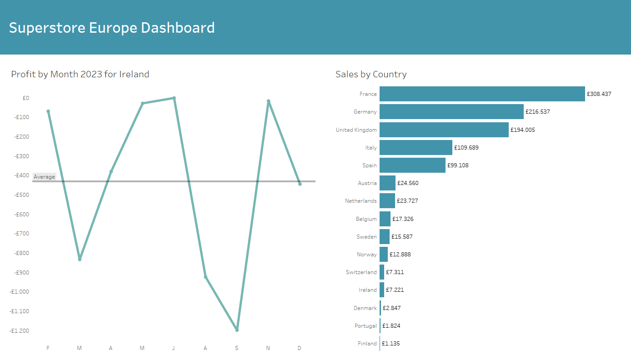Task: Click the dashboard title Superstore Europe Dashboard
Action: pos(112,28)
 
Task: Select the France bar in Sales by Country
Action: pos(482,94)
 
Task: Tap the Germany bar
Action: pos(451,112)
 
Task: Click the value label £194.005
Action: pos(522,130)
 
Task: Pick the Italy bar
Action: pos(416,148)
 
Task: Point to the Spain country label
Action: pos(370,165)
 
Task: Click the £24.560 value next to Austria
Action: pos(408,183)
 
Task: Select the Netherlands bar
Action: pos(387,201)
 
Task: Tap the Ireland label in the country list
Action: pos(367,290)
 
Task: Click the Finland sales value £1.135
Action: pos(391,344)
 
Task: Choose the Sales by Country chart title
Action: pos(371,74)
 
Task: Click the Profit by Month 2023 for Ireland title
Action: pos(80,74)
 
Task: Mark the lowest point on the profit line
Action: pos(237,330)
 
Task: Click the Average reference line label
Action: pos(44,177)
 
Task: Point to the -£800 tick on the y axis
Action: pos(19,253)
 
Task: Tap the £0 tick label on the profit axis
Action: pos(25,98)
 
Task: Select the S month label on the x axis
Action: pos(236,348)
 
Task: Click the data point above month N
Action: pos(268,101)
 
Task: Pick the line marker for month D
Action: pos(300,184)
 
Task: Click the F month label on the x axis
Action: pos(48,348)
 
